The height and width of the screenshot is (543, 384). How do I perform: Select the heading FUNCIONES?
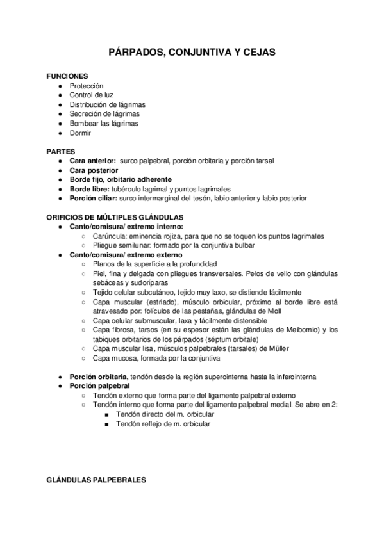pyautogui.click(x=67, y=76)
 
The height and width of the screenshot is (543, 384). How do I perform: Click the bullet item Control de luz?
pyautogui.click(x=91, y=95)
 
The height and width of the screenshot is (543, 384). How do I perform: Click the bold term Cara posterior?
pyautogui.click(x=94, y=171)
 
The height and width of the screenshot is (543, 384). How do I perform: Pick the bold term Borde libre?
pyautogui.click(x=90, y=190)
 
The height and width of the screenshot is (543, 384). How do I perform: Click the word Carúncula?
pyautogui.click(x=109, y=236)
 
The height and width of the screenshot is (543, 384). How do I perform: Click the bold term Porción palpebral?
pyautogui.click(x=99, y=386)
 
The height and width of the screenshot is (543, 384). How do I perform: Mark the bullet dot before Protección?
pyautogui.click(x=60, y=86)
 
